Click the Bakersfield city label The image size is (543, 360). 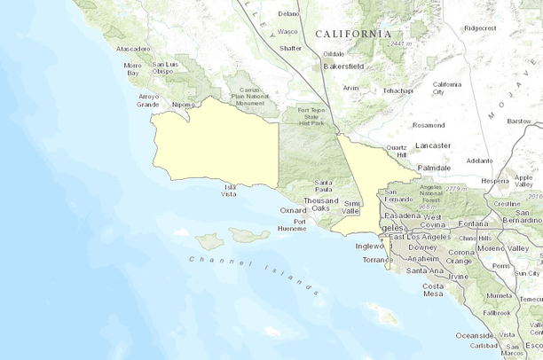pyautogui.click(x=345, y=67)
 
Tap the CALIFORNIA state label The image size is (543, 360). pyautogui.click(x=352, y=34)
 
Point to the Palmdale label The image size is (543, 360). pyautogui.click(x=435, y=167)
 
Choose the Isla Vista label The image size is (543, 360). pyautogui.click(x=230, y=191)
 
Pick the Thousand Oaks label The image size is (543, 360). pyautogui.click(x=320, y=205)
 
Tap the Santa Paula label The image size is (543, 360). pyautogui.click(x=323, y=187)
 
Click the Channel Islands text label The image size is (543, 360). pyautogui.click(x=253, y=272)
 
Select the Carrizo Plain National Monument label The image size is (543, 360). pyautogui.click(x=249, y=97)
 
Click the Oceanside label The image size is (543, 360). pyautogui.click(x=474, y=335)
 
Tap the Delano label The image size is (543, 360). pyautogui.click(x=288, y=14)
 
